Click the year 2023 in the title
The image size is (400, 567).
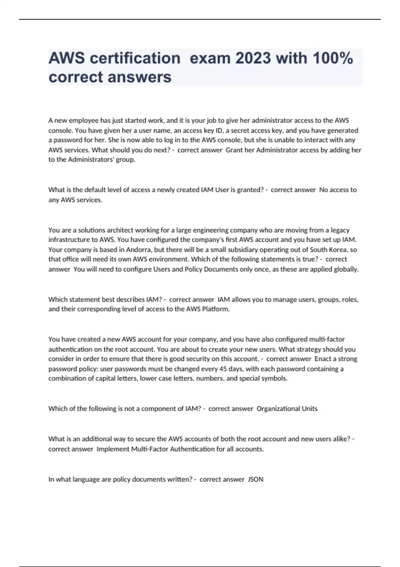253,58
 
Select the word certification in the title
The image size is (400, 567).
135,58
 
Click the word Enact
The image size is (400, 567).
323,359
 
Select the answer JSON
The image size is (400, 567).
256,480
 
